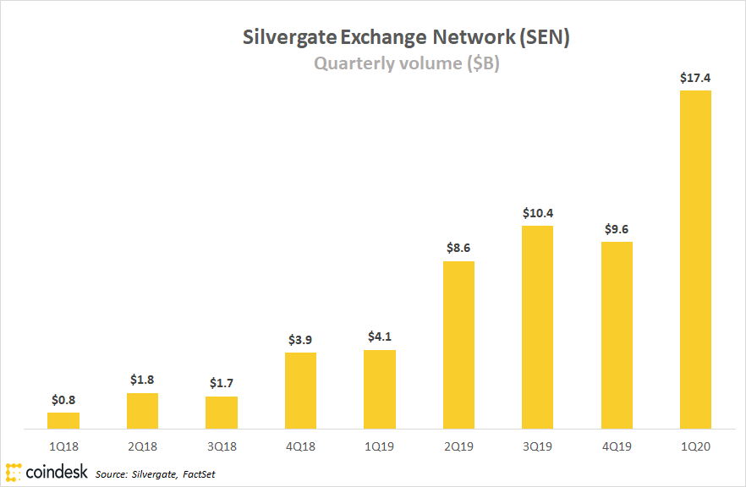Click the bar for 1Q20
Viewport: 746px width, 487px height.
pos(695,259)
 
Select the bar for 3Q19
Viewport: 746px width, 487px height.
pos(537,326)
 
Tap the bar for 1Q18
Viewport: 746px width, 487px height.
pos(63,420)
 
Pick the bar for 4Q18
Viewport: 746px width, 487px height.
pos(300,390)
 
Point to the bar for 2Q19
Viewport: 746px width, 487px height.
pos(458,344)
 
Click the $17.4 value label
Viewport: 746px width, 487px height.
pos(695,78)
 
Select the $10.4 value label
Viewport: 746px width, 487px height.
pos(537,213)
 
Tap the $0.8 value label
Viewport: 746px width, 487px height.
pos(63,400)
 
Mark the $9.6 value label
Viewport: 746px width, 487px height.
pos(617,229)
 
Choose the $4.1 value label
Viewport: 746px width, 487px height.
pos(380,337)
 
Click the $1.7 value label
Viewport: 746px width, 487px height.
pos(222,384)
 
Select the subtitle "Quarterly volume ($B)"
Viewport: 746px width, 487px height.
pos(407,63)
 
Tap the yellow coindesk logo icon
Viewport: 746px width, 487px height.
pos(13,471)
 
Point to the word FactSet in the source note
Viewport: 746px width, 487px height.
pos(199,474)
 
